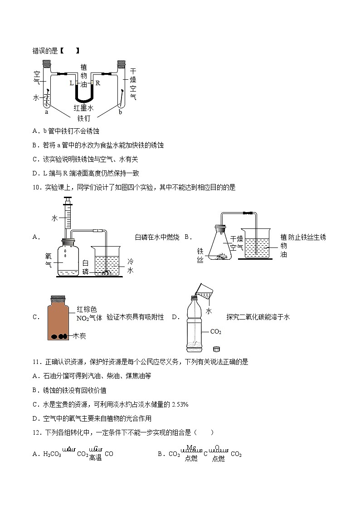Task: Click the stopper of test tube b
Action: point(121,63)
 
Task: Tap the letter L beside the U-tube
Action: point(71,83)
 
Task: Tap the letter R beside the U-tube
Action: point(97,83)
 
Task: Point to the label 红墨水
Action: point(84,108)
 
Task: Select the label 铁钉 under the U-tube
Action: point(84,118)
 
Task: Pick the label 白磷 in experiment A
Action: point(86,267)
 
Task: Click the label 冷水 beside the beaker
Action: point(130,266)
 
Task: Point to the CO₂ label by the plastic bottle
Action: point(216,332)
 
